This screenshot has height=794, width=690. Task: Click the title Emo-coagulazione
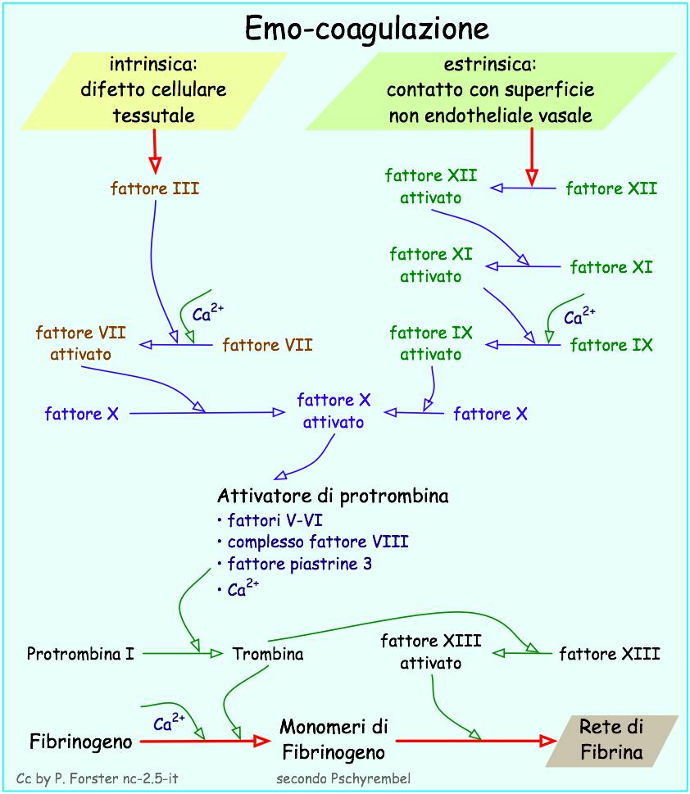(367, 29)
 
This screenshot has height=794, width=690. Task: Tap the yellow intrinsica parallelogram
(154, 90)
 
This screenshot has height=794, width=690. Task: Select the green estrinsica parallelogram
(490, 90)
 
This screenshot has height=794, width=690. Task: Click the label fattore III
(155, 188)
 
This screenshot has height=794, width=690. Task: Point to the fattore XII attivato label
(430, 186)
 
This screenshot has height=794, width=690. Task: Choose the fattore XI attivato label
(431, 265)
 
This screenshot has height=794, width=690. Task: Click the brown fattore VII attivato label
(80, 343)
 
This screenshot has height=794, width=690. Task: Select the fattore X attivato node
(334, 411)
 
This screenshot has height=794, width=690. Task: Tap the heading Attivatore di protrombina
(333, 496)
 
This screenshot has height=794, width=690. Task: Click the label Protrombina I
(80, 654)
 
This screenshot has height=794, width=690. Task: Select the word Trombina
(268, 654)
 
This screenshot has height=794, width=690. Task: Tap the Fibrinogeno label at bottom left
(81, 742)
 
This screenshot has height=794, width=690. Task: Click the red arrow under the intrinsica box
(154, 149)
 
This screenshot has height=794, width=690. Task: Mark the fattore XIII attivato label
(431, 651)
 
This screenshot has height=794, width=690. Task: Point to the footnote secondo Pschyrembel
(343, 778)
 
